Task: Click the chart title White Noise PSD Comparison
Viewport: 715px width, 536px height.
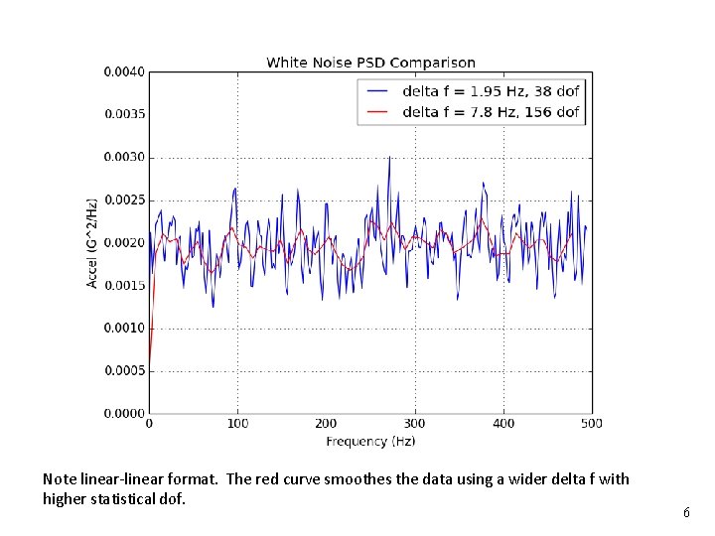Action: [x=370, y=64]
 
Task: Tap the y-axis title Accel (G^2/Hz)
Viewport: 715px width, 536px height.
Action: [x=93, y=243]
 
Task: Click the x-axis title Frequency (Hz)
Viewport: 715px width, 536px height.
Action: [x=370, y=440]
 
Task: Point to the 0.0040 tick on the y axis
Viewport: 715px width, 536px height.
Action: [x=124, y=71]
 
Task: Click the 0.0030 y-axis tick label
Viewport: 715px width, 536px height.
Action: [x=124, y=157]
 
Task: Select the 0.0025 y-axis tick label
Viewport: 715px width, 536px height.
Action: [x=124, y=200]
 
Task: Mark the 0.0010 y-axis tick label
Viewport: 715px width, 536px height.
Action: [x=124, y=328]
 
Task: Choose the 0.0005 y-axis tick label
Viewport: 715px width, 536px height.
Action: [x=124, y=370]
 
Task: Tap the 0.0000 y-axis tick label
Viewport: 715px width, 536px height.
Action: [x=124, y=413]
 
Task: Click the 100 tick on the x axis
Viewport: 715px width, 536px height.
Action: [x=237, y=424]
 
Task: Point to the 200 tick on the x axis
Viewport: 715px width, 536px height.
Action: [x=326, y=424]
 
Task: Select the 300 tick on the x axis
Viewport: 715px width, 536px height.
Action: [x=414, y=424]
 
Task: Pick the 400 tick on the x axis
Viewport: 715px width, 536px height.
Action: [x=502, y=424]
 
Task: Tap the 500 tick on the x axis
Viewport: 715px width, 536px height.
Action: [x=591, y=424]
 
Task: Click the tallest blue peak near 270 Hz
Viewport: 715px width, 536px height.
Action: [x=389, y=158]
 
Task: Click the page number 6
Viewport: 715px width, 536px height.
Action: [x=686, y=513]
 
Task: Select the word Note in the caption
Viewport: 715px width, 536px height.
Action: [x=60, y=479]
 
